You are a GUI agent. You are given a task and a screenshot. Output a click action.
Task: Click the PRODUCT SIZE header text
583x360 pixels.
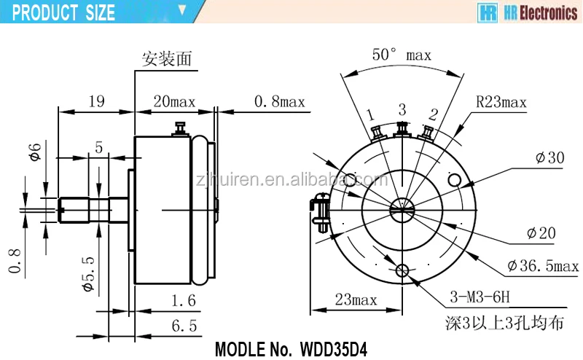click(64, 12)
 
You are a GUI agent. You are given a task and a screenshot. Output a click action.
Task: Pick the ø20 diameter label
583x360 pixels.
click(541, 233)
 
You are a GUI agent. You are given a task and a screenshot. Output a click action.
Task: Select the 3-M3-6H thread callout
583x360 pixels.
click(479, 298)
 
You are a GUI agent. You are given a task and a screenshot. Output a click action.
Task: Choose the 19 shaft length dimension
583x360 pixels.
click(95, 101)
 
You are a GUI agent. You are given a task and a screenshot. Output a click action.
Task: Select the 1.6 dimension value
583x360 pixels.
click(184, 298)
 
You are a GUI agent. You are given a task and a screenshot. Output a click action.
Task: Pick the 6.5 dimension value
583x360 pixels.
click(184, 326)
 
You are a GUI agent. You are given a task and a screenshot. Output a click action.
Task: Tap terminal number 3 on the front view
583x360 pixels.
click(402, 109)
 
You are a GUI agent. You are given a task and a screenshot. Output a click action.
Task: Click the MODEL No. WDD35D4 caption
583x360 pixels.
click(290, 348)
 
